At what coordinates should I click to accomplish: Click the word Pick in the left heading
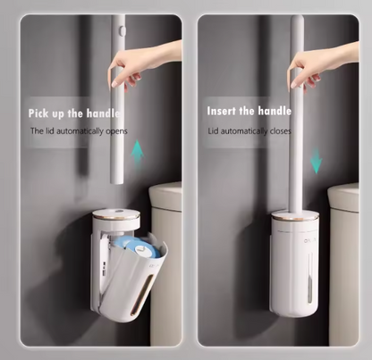coord(43,113)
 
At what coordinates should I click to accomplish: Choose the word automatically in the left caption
coord(76,130)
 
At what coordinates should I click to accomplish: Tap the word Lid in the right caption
coord(214,130)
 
